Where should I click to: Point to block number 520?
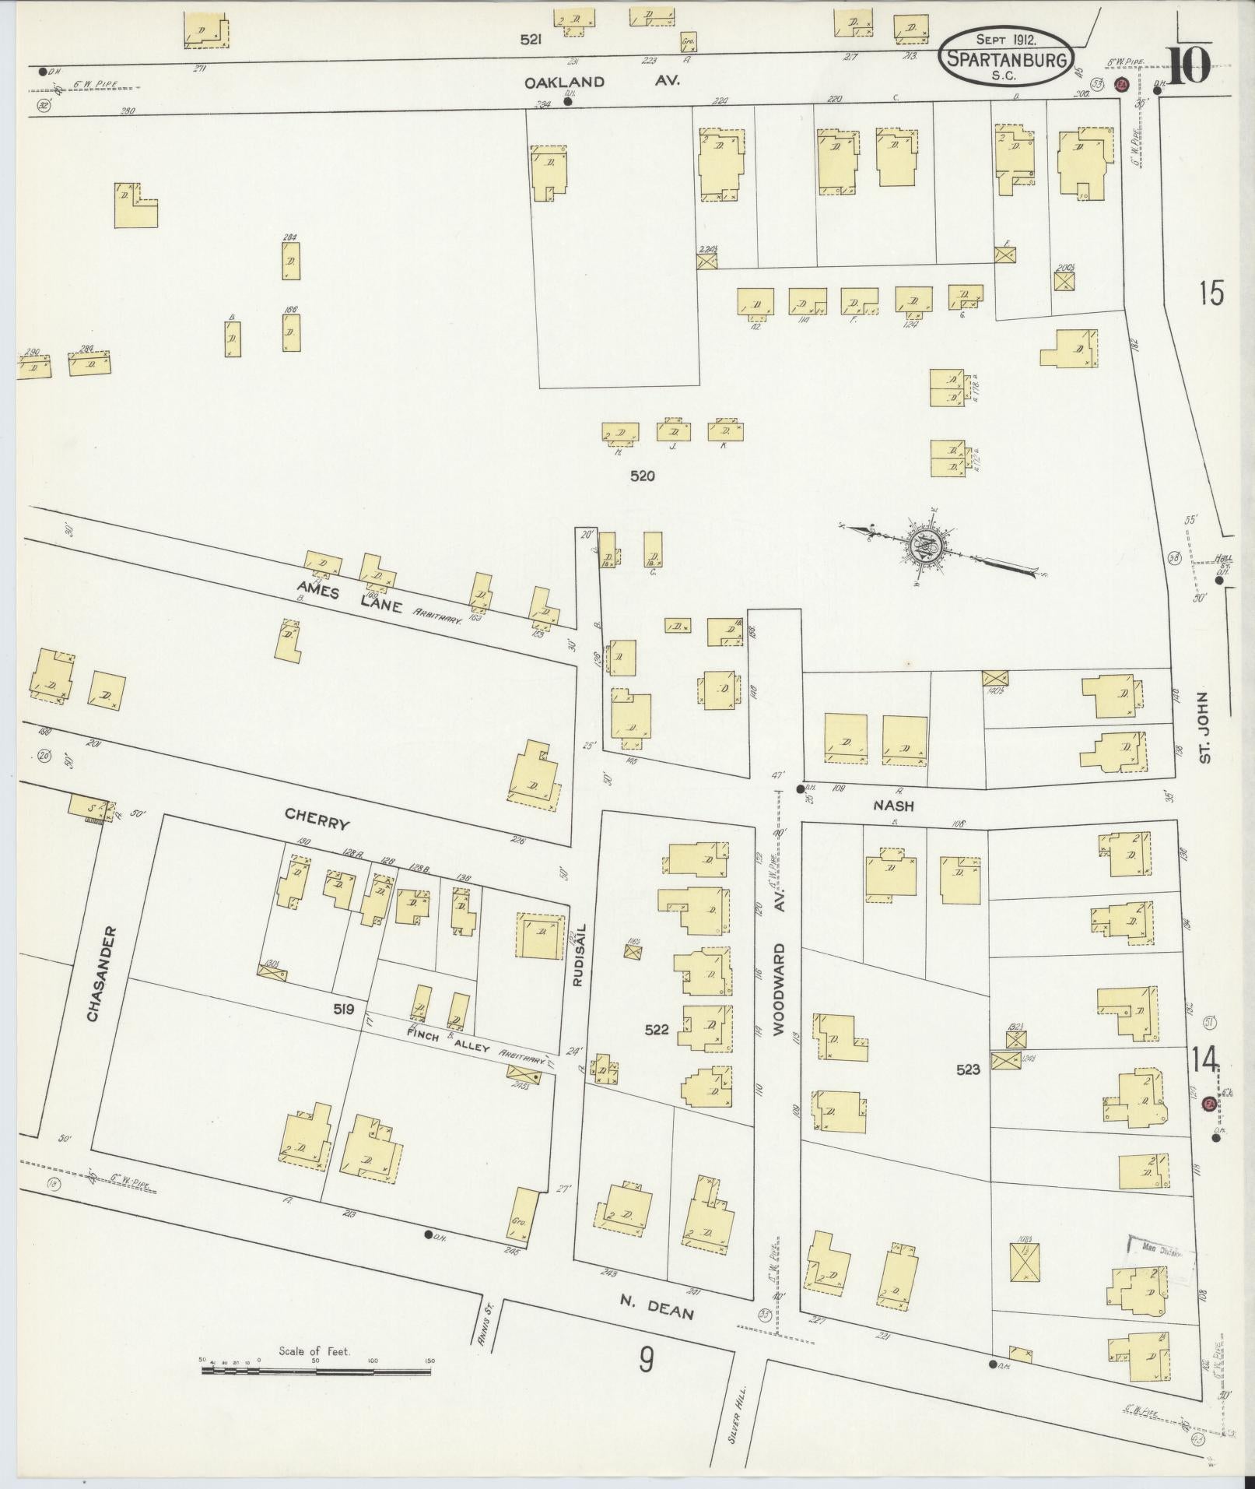643,476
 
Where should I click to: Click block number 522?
657,1029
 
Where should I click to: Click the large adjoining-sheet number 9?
647,1361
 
